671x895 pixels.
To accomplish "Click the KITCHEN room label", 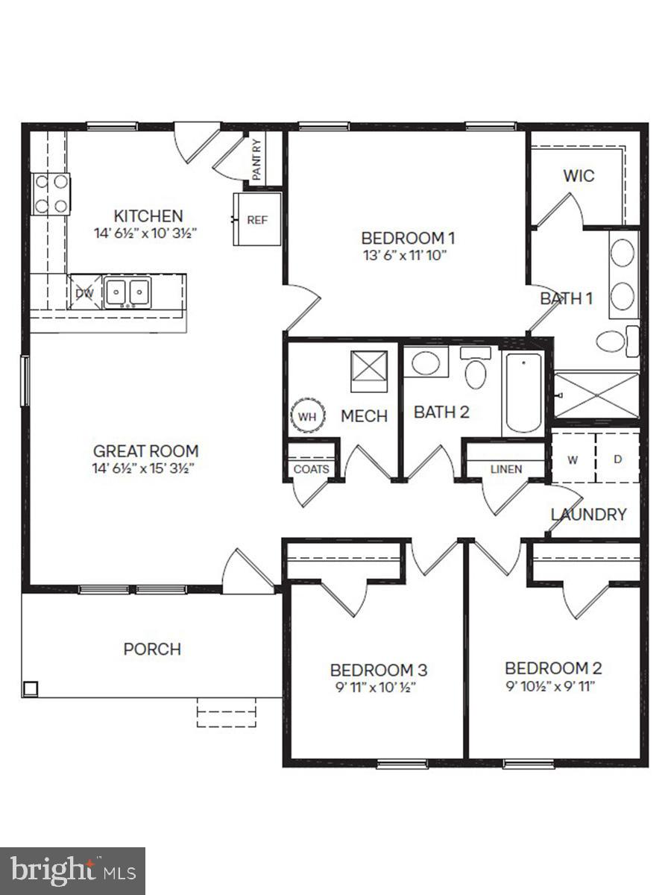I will [148, 216].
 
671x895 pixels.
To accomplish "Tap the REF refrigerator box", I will [257, 220].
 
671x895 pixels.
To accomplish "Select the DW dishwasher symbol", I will [84, 293].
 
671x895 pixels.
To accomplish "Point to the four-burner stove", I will [51, 194].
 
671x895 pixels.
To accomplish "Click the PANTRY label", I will [256, 160].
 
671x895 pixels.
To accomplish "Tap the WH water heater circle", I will [307, 416].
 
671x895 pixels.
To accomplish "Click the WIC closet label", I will [579, 176].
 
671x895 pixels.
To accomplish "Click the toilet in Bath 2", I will [475, 368].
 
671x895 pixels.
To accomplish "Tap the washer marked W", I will [573, 459].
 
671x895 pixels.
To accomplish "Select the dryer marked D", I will [617, 459].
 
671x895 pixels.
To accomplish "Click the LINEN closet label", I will [506, 469].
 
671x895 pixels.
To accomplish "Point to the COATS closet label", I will [310, 469].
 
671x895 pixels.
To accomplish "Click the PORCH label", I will [152, 649].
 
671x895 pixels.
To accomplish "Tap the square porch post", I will [30, 688].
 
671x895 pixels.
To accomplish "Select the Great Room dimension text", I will [145, 468].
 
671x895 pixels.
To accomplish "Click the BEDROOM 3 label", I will [378, 669].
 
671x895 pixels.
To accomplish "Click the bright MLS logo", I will [72, 870].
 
